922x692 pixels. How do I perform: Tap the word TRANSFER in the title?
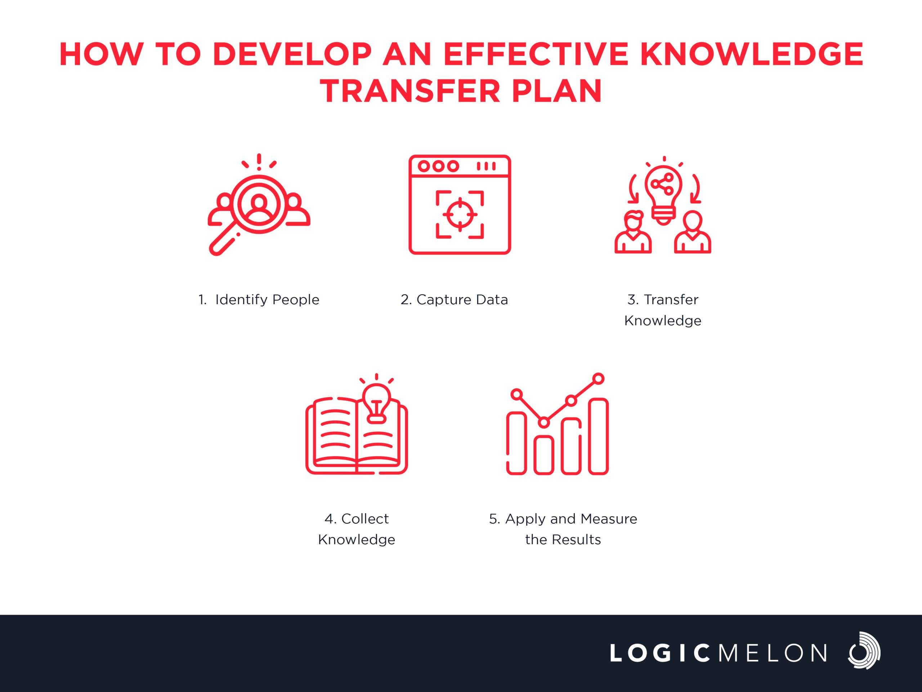410,91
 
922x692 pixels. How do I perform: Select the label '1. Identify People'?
259,300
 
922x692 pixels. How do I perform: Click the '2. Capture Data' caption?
454,300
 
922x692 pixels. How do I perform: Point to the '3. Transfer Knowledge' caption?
663,310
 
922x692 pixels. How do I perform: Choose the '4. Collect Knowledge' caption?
357,529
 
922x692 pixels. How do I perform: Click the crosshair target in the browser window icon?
460,214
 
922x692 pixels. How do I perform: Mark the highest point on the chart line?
599,379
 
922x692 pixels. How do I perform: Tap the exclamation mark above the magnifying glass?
259,162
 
